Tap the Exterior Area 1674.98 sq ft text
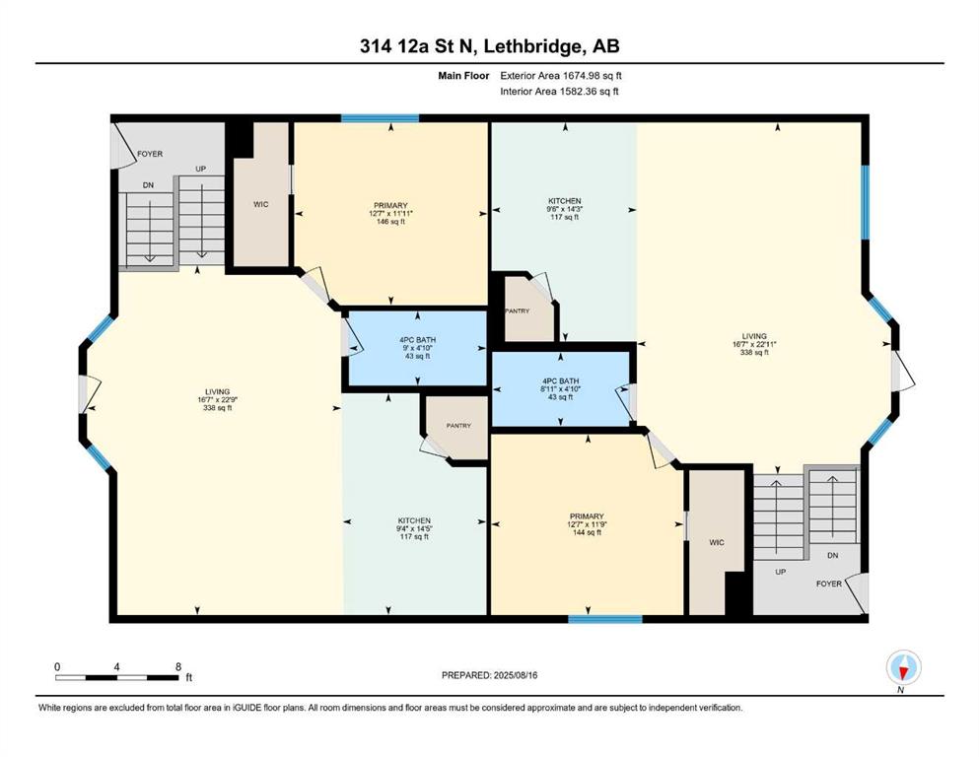[561, 76]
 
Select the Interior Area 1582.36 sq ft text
[559, 91]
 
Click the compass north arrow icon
[903, 667]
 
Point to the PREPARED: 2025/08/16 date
[489, 675]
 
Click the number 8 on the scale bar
[178, 666]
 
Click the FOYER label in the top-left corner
[150, 154]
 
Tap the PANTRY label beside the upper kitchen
[517, 310]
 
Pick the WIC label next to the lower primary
[717, 542]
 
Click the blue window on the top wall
[380, 118]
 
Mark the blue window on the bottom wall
[605, 619]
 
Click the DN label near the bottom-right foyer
[832, 555]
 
